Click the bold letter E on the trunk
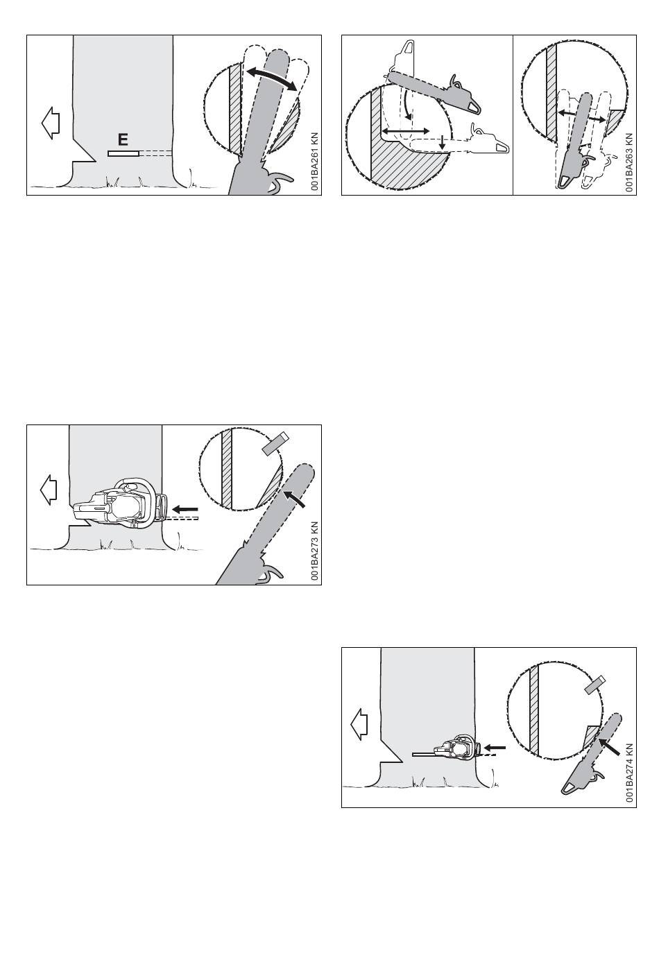coord(123,139)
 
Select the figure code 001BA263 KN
coord(629,162)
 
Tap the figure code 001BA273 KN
coord(314,551)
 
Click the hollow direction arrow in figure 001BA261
coord(51,123)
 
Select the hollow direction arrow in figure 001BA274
coord(359,725)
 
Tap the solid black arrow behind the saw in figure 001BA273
coord(185,508)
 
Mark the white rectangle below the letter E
coord(123,153)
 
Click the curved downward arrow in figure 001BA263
coord(409,106)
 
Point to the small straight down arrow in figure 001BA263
coord(443,142)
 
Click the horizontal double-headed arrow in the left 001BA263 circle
coord(406,130)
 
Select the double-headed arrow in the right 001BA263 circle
coord(581,116)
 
